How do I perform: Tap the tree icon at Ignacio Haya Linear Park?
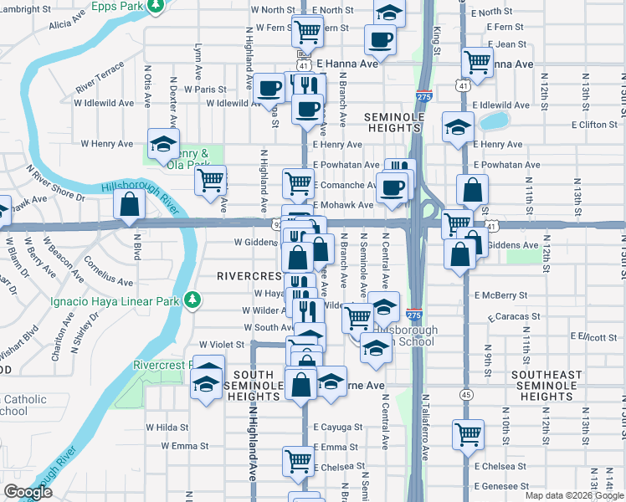[x=192, y=299]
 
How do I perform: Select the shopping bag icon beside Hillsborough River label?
[x=130, y=203]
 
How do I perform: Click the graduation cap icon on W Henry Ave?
[x=163, y=142]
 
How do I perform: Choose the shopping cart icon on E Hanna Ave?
[x=477, y=60]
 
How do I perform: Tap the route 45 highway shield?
[x=464, y=393]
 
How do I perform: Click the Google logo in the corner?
[x=28, y=493]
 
